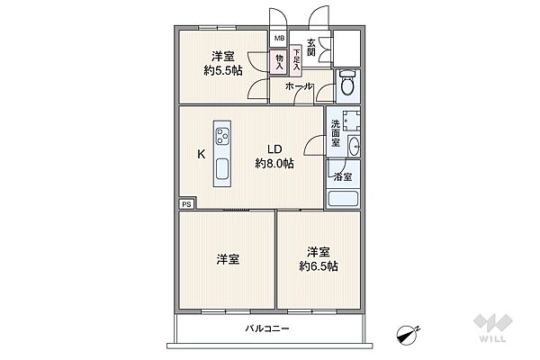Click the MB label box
pyautogui.click(x=279, y=40)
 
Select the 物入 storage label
pyautogui.click(x=279, y=61)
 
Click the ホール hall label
pyautogui.click(x=299, y=86)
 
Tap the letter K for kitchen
pyautogui.click(x=202, y=154)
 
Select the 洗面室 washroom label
pyautogui.click(x=336, y=133)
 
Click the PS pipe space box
pyautogui.click(x=186, y=204)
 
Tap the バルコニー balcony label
pyautogui.click(x=267, y=329)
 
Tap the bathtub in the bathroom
pyautogui.click(x=343, y=198)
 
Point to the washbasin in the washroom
pyautogui.click(x=353, y=146)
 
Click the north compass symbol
pyautogui.click(x=409, y=334)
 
